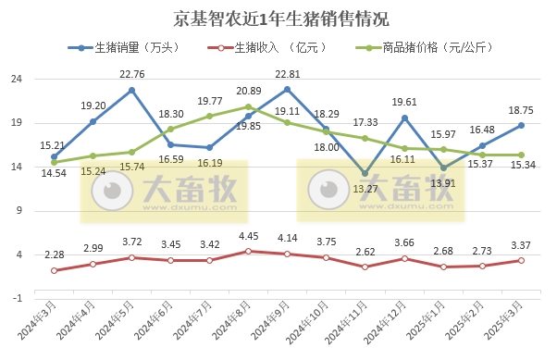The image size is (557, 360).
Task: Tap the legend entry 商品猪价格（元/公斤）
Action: [425, 48]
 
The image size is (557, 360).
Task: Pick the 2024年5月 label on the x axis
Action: [119, 324]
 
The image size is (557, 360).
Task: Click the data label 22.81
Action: [286, 76]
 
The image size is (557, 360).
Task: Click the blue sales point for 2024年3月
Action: [54, 156]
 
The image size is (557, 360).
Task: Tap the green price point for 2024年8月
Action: [248, 106]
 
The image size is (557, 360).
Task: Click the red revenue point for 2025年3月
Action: [521, 260]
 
